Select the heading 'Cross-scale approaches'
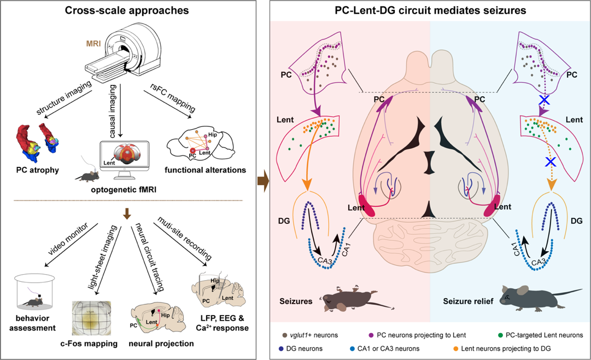(127, 11)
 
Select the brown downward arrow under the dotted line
(127, 214)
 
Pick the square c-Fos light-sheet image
(92, 318)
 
